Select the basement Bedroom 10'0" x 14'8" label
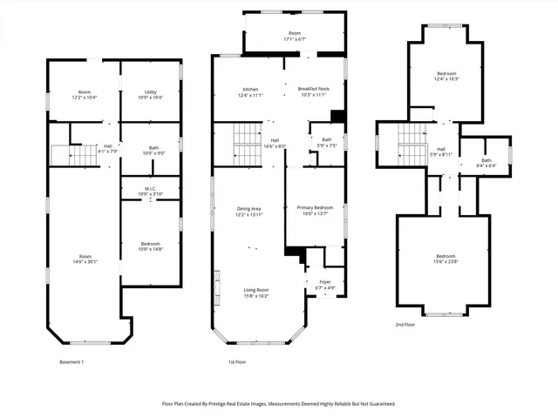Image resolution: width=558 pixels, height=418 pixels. click(150, 246)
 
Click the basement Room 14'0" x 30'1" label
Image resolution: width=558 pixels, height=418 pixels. click(84, 258)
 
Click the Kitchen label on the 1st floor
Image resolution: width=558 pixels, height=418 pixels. click(250, 92)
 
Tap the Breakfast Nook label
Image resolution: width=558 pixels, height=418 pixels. click(312, 92)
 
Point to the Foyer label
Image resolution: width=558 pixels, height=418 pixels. click(324, 284)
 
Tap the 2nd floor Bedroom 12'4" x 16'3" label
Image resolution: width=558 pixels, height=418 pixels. click(445, 77)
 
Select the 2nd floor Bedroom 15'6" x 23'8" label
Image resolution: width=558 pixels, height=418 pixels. click(446, 258)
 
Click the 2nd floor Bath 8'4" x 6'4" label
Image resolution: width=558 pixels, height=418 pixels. click(487, 162)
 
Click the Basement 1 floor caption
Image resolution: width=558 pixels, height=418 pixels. click(71, 361)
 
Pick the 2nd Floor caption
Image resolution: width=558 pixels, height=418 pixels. click(405, 324)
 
